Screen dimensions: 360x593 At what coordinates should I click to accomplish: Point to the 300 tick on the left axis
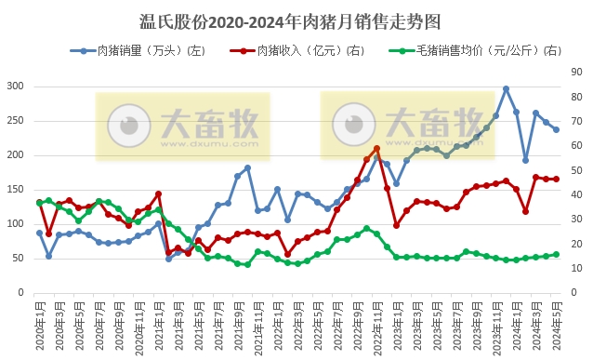pyautogui.click(x=15, y=87)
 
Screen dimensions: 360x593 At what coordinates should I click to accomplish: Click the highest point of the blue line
pyautogui.click(x=506, y=89)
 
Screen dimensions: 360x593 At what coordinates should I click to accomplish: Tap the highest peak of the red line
pyautogui.click(x=376, y=149)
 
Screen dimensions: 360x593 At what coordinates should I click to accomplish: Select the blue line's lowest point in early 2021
pyautogui.click(x=168, y=258)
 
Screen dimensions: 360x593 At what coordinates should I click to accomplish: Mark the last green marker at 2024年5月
pyautogui.click(x=556, y=254)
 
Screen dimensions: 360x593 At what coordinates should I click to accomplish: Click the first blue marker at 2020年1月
pyautogui.click(x=39, y=233)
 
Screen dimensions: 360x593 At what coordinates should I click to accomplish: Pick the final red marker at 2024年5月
pyautogui.click(x=556, y=179)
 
